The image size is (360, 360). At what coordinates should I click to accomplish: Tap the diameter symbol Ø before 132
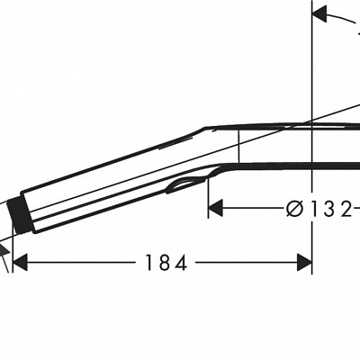[x=293, y=209]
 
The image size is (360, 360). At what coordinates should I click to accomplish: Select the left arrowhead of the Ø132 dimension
[x=215, y=209]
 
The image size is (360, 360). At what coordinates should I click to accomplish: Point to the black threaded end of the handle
[x=24, y=213]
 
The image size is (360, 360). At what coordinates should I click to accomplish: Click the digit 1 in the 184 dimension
[x=150, y=263]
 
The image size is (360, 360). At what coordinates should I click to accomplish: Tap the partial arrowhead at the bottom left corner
[x=5, y=262]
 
